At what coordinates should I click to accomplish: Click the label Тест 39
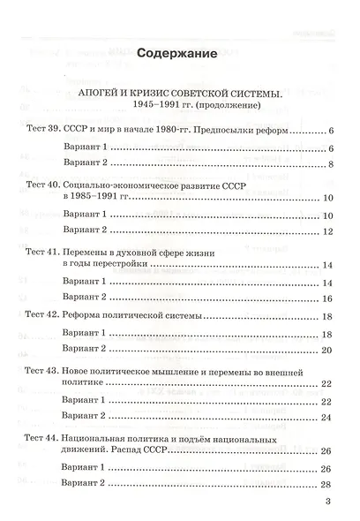(41, 131)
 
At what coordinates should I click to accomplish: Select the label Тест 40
(41, 188)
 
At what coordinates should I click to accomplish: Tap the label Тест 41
(41, 252)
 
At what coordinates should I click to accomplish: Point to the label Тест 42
(41, 315)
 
